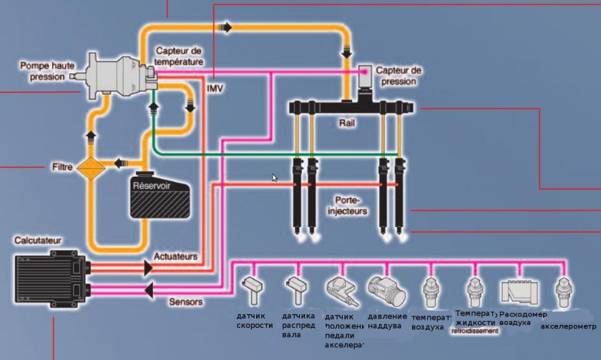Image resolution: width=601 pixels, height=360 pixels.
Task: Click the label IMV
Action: pyautogui.click(x=215, y=88)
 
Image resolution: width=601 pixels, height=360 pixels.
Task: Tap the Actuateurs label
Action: pyautogui.click(x=175, y=256)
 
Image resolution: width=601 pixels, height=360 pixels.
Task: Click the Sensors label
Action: pyautogui.click(x=185, y=302)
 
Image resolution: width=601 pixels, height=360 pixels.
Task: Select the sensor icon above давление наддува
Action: pyautogui.click(x=386, y=291)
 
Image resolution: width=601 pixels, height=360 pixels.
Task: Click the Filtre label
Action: pyautogui.click(x=62, y=167)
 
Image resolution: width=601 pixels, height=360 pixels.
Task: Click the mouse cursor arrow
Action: pyautogui.click(x=275, y=177)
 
